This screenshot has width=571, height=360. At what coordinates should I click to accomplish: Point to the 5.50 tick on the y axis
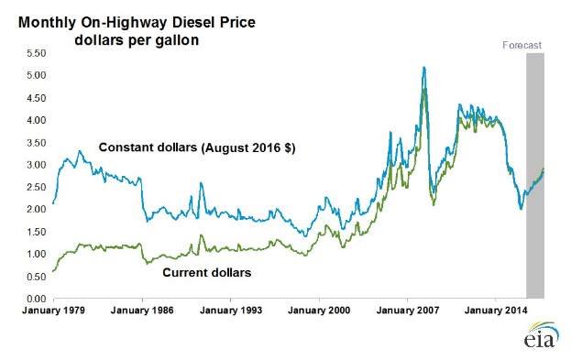pyautogui.click(x=34, y=53)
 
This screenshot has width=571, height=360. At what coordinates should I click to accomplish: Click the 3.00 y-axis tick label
pyautogui.click(x=34, y=165)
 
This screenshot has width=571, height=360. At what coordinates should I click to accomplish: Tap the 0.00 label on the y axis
pyautogui.click(x=34, y=299)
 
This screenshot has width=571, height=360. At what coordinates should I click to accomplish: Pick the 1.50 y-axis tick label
pyautogui.click(x=34, y=232)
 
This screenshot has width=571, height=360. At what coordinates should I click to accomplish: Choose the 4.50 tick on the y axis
pyautogui.click(x=34, y=98)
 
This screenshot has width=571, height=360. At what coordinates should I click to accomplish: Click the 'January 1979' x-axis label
pyautogui.click(x=53, y=311)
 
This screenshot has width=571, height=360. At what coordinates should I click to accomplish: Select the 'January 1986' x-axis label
pyautogui.click(x=141, y=311)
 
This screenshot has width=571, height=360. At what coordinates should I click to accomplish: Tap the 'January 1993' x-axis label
pyautogui.click(x=230, y=311)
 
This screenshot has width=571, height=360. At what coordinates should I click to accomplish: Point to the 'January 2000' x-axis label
pyautogui.click(x=319, y=311)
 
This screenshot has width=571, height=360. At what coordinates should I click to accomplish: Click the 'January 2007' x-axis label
pyautogui.click(x=407, y=311)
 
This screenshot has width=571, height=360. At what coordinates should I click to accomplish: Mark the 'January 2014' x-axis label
pyautogui.click(x=496, y=311)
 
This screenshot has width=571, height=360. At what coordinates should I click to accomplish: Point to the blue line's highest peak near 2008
pyautogui.click(x=423, y=67)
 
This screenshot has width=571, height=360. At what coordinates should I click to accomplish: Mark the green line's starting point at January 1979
pyautogui.click(x=53, y=271)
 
